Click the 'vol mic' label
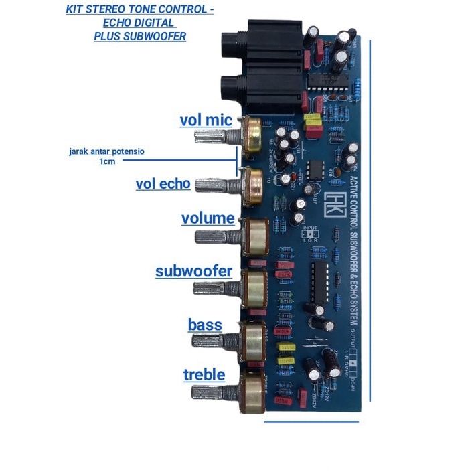click(x=206, y=121)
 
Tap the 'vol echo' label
click(x=163, y=184)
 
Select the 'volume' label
click(x=208, y=219)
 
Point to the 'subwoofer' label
click(x=193, y=271)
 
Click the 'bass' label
click(x=205, y=325)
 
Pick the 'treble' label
click(x=204, y=375)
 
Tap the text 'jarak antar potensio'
click(x=106, y=151)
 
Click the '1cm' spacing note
click(x=107, y=162)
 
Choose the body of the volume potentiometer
click(x=256, y=236)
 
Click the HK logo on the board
click(x=333, y=204)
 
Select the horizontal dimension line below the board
click(x=311, y=422)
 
